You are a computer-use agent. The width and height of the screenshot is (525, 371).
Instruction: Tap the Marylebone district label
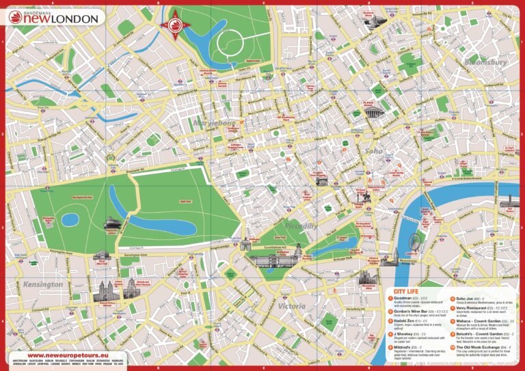235,124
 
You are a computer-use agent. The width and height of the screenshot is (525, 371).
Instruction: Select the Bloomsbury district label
485,62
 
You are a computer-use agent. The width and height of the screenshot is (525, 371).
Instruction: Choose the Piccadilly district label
301,225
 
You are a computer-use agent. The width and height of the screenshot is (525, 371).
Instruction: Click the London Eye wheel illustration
414,241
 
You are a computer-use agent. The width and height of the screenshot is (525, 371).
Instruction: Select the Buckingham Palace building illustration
271,260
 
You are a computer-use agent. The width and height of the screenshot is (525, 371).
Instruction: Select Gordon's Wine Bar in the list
413,310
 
